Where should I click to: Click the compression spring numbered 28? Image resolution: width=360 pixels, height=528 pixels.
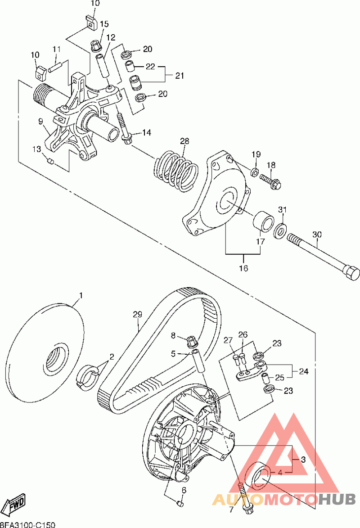pyautogui.click(x=176, y=170)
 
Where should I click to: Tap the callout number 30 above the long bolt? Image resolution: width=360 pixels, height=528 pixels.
pyautogui.click(x=317, y=234)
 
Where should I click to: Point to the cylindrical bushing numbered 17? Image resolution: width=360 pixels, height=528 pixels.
pyautogui.click(x=262, y=221)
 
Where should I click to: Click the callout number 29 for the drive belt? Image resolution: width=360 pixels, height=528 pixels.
pyautogui.click(x=137, y=315)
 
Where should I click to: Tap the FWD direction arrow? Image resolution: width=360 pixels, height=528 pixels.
pyautogui.click(x=15, y=504)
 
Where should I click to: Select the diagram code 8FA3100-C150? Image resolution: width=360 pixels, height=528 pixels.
pyautogui.click(x=27, y=525)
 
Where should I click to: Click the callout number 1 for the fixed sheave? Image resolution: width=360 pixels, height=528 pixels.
pyautogui.click(x=81, y=295)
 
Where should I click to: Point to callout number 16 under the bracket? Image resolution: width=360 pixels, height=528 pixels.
pyautogui.click(x=243, y=268)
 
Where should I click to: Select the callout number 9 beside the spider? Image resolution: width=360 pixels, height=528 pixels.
pyautogui.click(x=40, y=121)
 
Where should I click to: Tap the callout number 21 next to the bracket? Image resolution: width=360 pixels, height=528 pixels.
pyautogui.click(x=180, y=76)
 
